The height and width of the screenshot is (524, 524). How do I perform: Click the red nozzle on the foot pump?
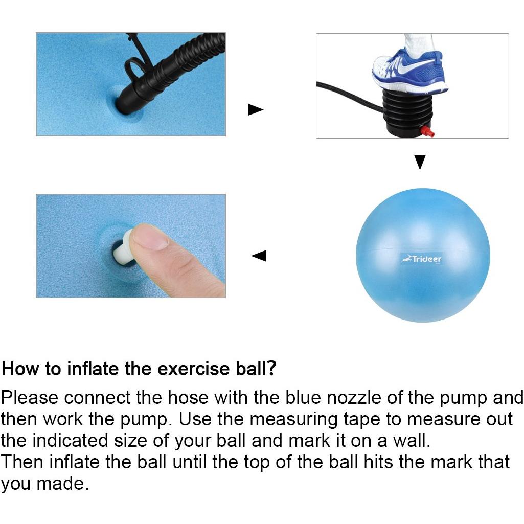click(427, 131)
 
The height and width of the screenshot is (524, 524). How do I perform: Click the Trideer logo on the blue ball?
click(422, 259)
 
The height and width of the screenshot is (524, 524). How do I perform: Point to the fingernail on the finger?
click(150, 238)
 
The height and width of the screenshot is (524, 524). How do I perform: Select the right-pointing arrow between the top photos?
click(256, 109)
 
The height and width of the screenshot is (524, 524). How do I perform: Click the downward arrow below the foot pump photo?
click(420, 162)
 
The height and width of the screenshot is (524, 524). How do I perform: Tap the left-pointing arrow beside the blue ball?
click(259, 256)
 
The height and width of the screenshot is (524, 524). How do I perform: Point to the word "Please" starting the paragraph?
click(30, 398)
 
